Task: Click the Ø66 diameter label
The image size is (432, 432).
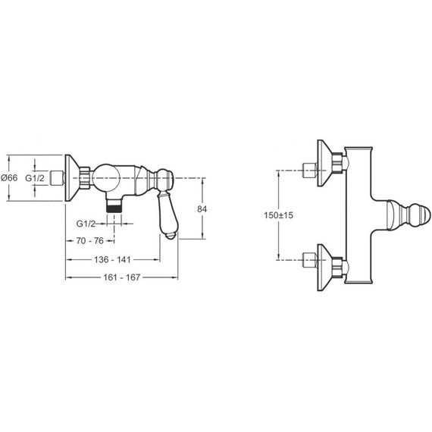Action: (9, 178)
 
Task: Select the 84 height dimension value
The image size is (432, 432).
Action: (202, 209)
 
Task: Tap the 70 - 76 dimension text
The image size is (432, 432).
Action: (90, 241)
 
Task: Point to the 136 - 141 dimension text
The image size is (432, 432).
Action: (112, 259)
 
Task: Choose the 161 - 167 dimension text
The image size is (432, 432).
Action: (122, 277)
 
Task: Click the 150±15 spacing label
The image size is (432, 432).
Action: (279, 215)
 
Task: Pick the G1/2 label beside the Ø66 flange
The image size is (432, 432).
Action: (35, 178)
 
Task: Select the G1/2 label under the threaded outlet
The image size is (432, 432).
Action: (86, 224)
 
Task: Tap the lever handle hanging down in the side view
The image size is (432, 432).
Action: (167, 215)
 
